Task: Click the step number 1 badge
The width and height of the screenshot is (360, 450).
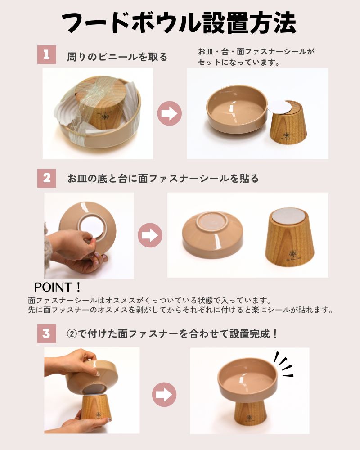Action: (46, 54)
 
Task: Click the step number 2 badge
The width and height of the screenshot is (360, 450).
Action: (46, 178)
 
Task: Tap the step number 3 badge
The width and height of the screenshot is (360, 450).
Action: (46, 333)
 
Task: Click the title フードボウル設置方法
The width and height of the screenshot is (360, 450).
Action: (179, 23)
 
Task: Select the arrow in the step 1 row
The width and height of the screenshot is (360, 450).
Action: (169, 113)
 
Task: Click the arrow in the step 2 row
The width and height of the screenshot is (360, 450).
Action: (150, 235)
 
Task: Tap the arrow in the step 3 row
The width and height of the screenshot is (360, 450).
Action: (164, 394)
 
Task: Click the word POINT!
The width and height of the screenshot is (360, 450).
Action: (58, 287)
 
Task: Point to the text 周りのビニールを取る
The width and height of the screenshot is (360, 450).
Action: (117, 57)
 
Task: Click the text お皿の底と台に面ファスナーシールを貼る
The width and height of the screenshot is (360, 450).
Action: (163, 179)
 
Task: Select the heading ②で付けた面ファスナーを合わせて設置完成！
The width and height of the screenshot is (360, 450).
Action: (172, 334)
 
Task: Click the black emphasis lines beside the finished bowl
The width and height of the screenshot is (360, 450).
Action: (283, 364)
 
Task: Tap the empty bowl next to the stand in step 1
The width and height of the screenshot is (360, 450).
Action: (237, 111)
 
